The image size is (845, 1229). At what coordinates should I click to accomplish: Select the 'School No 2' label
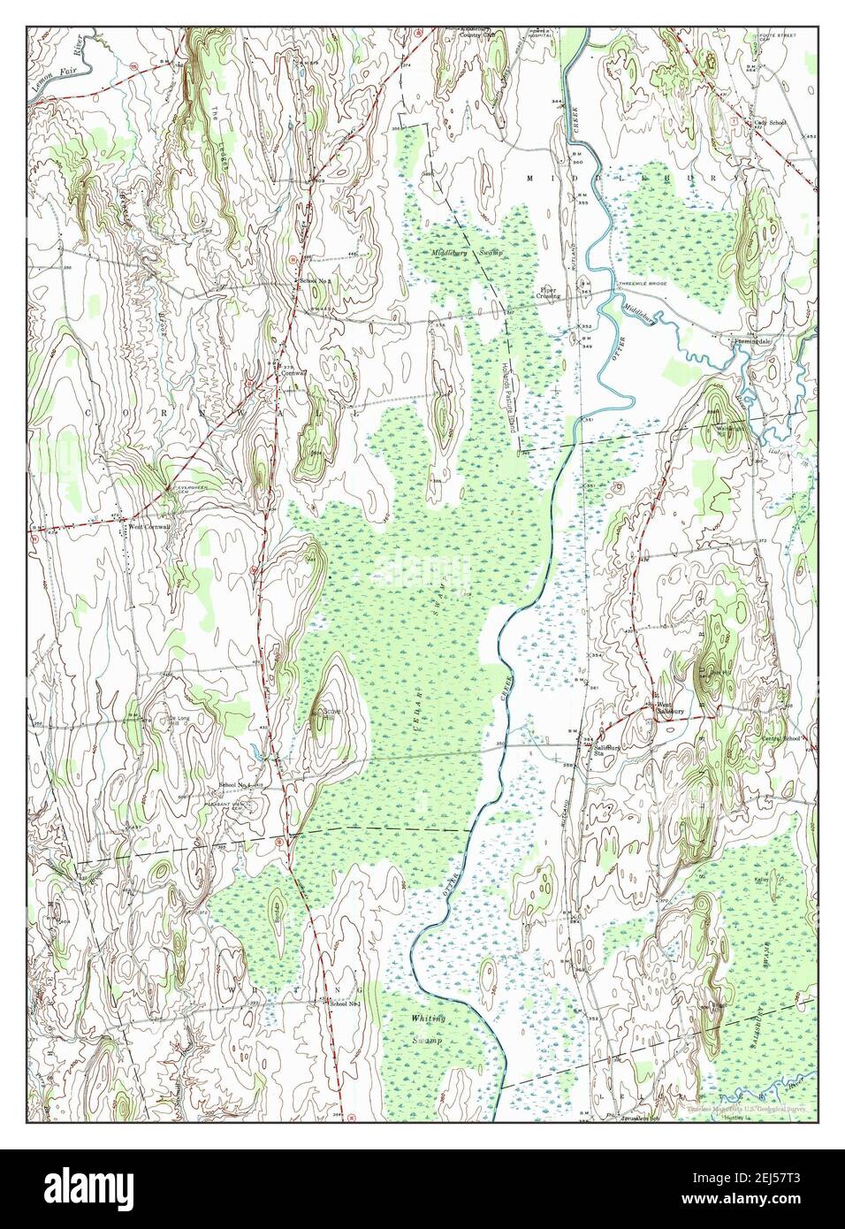(316, 280)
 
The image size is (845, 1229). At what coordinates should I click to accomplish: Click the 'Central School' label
(780, 738)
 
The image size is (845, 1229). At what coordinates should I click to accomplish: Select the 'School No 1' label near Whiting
(344, 1004)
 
